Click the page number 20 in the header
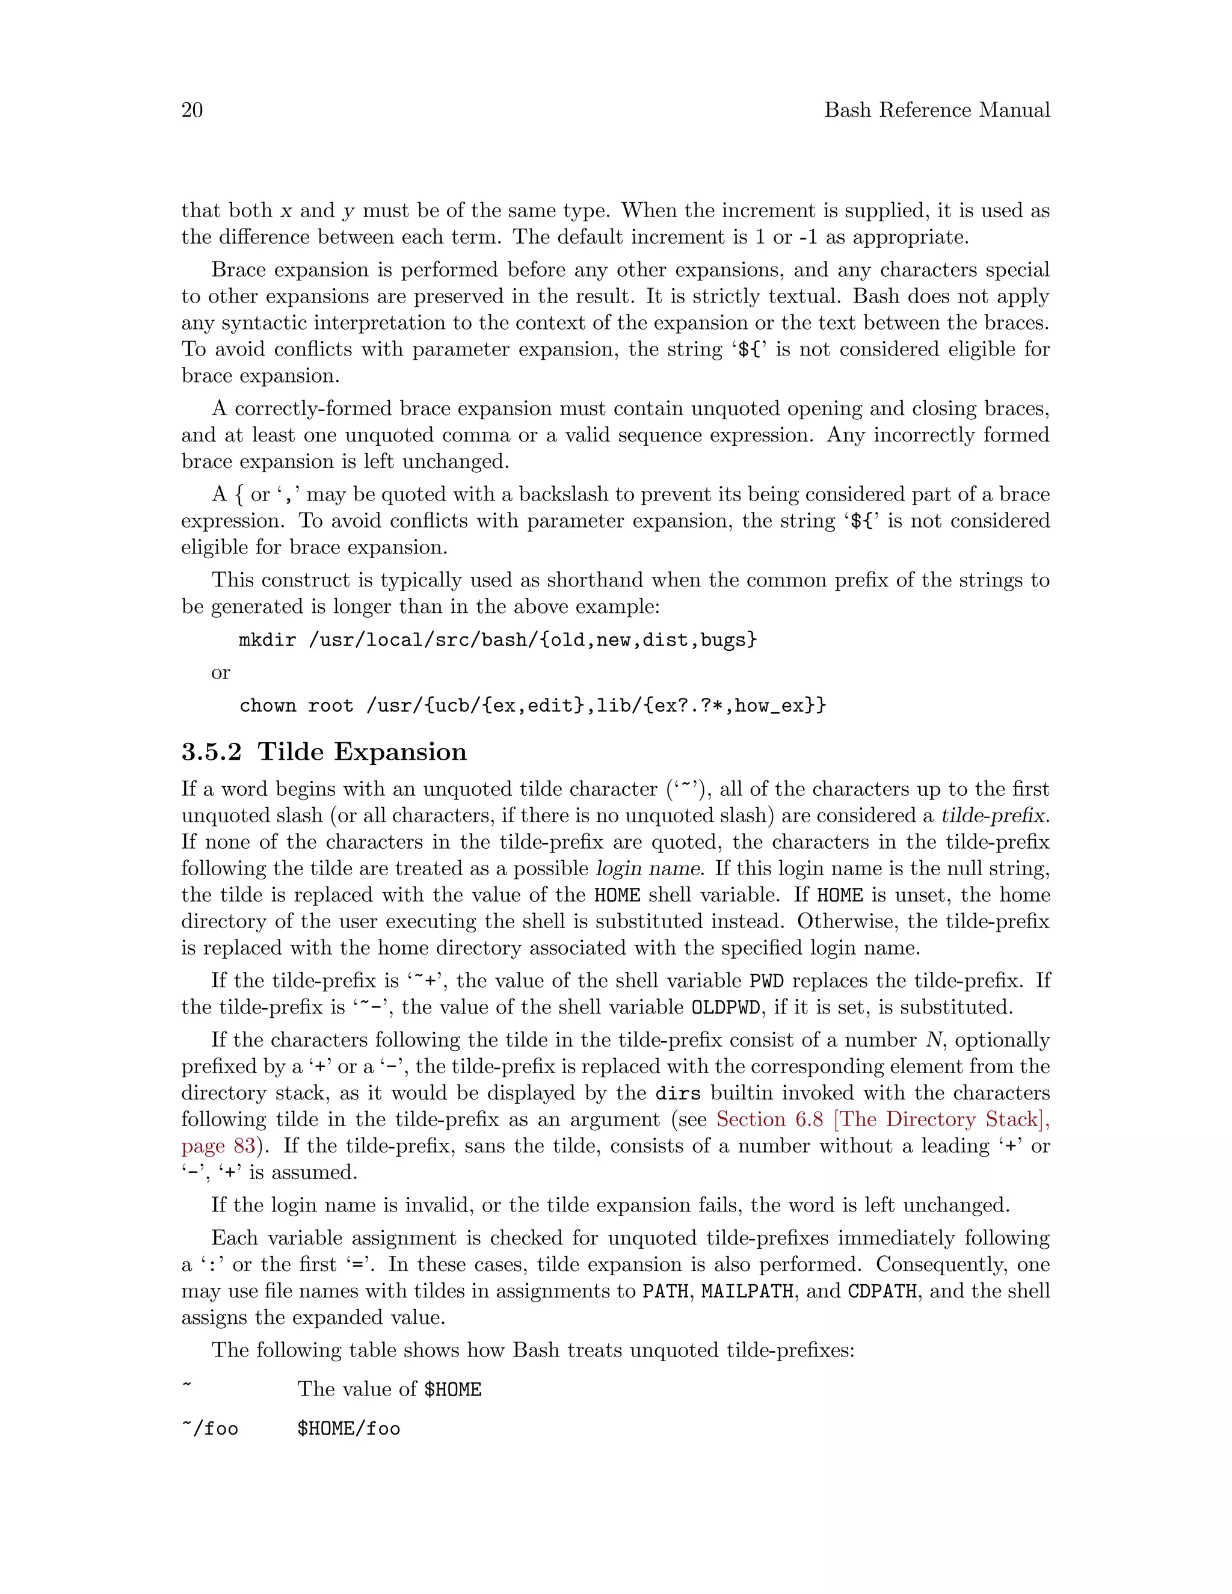point(192,110)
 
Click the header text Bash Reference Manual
point(937,110)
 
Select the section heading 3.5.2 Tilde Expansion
point(324,752)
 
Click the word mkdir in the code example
point(267,640)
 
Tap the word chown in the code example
point(267,706)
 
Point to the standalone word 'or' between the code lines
point(220,673)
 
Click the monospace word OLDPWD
point(725,1008)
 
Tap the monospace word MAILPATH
point(747,1291)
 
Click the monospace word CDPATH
point(882,1291)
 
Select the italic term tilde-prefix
point(994,815)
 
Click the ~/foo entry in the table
point(209,1429)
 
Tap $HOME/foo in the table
point(349,1429)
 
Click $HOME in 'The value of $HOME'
point(452,1389)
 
